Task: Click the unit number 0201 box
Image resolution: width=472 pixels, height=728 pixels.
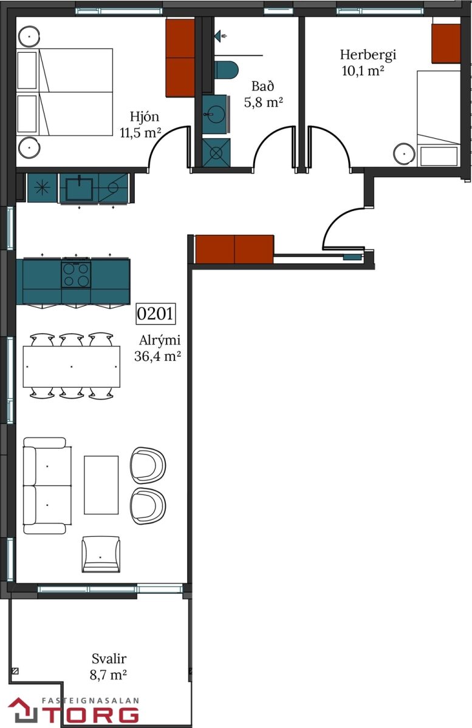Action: [156, 314]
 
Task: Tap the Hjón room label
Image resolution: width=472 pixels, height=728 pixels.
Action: [145, 116]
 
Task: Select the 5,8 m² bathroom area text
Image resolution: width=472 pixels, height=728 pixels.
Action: [264, 103]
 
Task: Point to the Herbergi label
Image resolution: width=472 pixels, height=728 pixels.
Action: [368, 55]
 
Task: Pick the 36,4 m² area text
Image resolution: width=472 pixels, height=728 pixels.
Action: [157, 356]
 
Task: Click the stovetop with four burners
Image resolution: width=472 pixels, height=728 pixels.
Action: [77, 274]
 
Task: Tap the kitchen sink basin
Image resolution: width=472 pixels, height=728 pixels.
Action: [79, 189]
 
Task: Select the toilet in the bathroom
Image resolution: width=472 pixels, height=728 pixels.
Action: [226, 70]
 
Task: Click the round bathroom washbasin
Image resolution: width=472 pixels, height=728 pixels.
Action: [215, 114]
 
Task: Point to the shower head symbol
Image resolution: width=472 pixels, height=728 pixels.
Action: [221, 35]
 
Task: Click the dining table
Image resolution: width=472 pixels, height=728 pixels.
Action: [71, 366]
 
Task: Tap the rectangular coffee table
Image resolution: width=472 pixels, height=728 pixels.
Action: [101, 485]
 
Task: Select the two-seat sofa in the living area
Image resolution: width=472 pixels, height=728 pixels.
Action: [47, 485]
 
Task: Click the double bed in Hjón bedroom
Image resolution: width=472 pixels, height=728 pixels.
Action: [65, 92]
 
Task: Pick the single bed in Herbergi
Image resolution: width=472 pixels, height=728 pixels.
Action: [439, 118]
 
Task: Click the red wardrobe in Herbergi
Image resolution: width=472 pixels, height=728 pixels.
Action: [446, 44]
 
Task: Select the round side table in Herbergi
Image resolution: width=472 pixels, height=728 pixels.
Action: [405, 153]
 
